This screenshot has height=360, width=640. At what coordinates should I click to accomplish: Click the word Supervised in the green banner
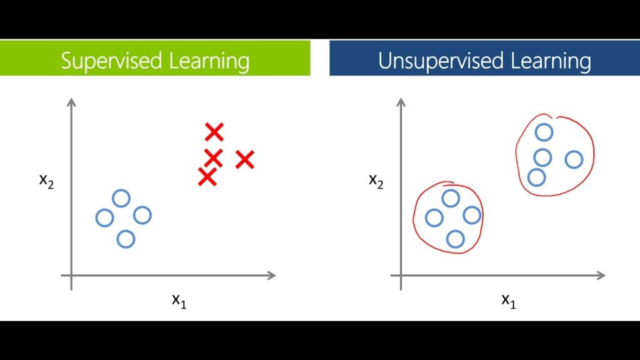[110, 61]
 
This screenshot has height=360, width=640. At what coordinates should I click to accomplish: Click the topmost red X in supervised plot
[214, 132]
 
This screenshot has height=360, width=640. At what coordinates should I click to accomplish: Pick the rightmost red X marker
[245, 160]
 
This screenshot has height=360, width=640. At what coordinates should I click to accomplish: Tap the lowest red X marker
[207, 177]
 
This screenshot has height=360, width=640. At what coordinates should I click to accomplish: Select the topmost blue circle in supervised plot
[121, 199]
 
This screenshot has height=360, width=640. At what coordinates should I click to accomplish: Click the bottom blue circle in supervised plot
[126, 239]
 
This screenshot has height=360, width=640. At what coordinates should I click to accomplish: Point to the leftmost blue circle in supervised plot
[104, 218]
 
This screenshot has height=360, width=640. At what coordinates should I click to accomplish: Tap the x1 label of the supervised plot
[179, 300]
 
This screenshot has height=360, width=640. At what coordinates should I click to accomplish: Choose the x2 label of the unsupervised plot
[376, 181]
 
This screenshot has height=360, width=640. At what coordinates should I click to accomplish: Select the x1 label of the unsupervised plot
[509, 300]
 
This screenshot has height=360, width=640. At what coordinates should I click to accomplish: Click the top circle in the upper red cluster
[544, 132]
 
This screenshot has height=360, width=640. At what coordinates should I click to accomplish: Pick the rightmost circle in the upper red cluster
[574, 159]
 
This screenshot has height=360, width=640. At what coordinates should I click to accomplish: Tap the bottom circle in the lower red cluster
[456, 239]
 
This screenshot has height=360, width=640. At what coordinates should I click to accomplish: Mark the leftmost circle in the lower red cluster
[434, 217]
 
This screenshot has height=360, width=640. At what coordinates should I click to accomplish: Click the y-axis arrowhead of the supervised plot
[71, 101]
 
